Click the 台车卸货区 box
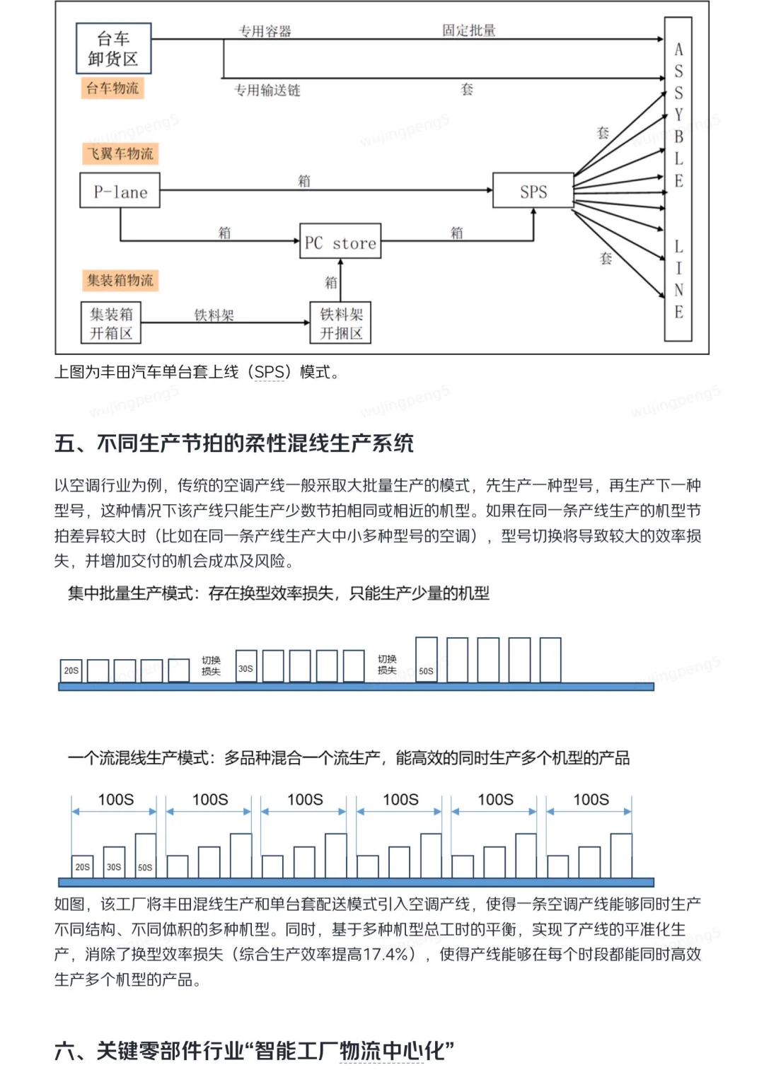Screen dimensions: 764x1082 113,49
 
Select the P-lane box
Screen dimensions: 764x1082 120,191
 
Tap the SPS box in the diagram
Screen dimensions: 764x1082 533,191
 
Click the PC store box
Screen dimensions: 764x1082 340,242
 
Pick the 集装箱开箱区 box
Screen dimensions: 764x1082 111,323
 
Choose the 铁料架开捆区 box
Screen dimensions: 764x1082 340,323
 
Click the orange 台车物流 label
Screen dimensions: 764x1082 112,88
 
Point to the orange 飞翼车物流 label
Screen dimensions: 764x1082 120,153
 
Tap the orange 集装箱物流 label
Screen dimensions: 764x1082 120,280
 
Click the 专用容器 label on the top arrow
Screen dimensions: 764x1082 265,31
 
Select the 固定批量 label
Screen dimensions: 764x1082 468,30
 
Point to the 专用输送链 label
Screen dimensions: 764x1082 267,90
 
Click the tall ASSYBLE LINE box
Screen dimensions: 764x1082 678,180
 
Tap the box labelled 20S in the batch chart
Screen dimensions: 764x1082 71,670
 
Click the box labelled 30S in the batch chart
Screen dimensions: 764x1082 245,667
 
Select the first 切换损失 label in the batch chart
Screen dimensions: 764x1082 211,665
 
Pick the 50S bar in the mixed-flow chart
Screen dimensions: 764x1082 145,856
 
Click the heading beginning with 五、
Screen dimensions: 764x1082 234,443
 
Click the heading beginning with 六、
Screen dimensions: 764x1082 254,1050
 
